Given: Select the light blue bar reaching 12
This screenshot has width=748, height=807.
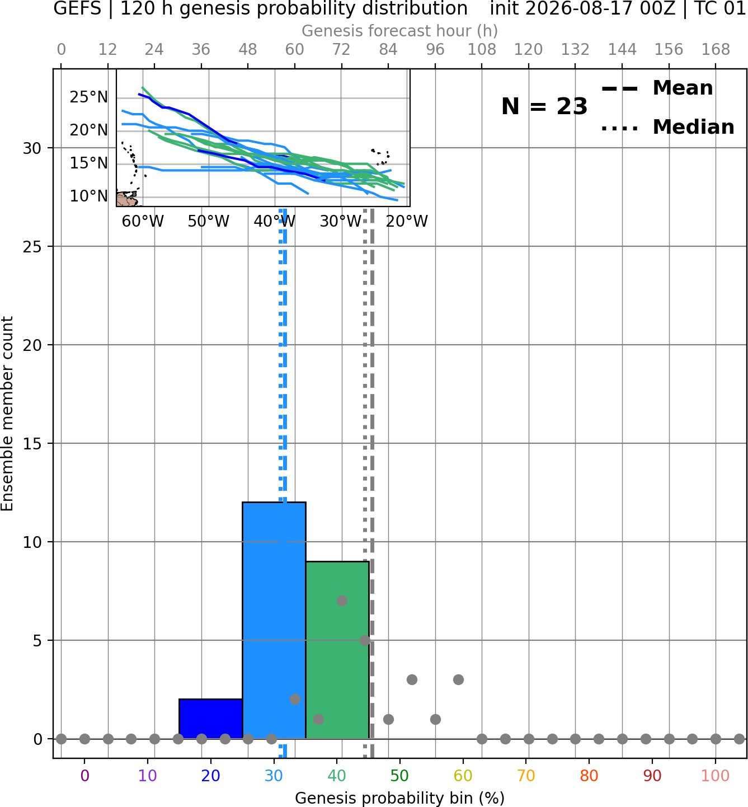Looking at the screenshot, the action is point(274,621).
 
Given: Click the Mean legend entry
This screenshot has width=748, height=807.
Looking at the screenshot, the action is point(657,88).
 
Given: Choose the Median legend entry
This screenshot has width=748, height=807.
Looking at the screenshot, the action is point(668,128).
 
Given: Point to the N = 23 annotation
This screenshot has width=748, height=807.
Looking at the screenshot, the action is point(544,106).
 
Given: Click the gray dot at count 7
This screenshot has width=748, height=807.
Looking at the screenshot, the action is point(342,600).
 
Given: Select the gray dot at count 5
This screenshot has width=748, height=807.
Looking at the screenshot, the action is point(365,640).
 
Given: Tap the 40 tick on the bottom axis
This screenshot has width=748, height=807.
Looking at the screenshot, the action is point(337,776).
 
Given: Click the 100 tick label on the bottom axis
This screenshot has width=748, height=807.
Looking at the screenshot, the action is point(715,776).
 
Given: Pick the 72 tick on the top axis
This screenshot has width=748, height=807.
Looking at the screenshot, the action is point(341,50).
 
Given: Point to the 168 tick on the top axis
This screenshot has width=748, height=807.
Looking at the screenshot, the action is point(716,50).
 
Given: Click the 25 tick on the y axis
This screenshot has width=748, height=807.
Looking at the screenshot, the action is point(32,247).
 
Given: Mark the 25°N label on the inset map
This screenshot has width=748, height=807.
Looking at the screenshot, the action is point(89,97).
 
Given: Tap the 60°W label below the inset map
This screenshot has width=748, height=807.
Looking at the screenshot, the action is point(143,222).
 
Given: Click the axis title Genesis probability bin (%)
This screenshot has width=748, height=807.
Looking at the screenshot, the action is point(400,798).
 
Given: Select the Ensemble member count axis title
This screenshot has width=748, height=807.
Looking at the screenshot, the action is point(7,414).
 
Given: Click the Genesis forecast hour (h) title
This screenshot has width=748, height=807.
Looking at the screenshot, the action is point(400,31).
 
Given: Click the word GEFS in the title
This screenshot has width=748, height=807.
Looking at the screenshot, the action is point(77,8).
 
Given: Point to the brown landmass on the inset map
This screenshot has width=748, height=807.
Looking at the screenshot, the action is point(126,199).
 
